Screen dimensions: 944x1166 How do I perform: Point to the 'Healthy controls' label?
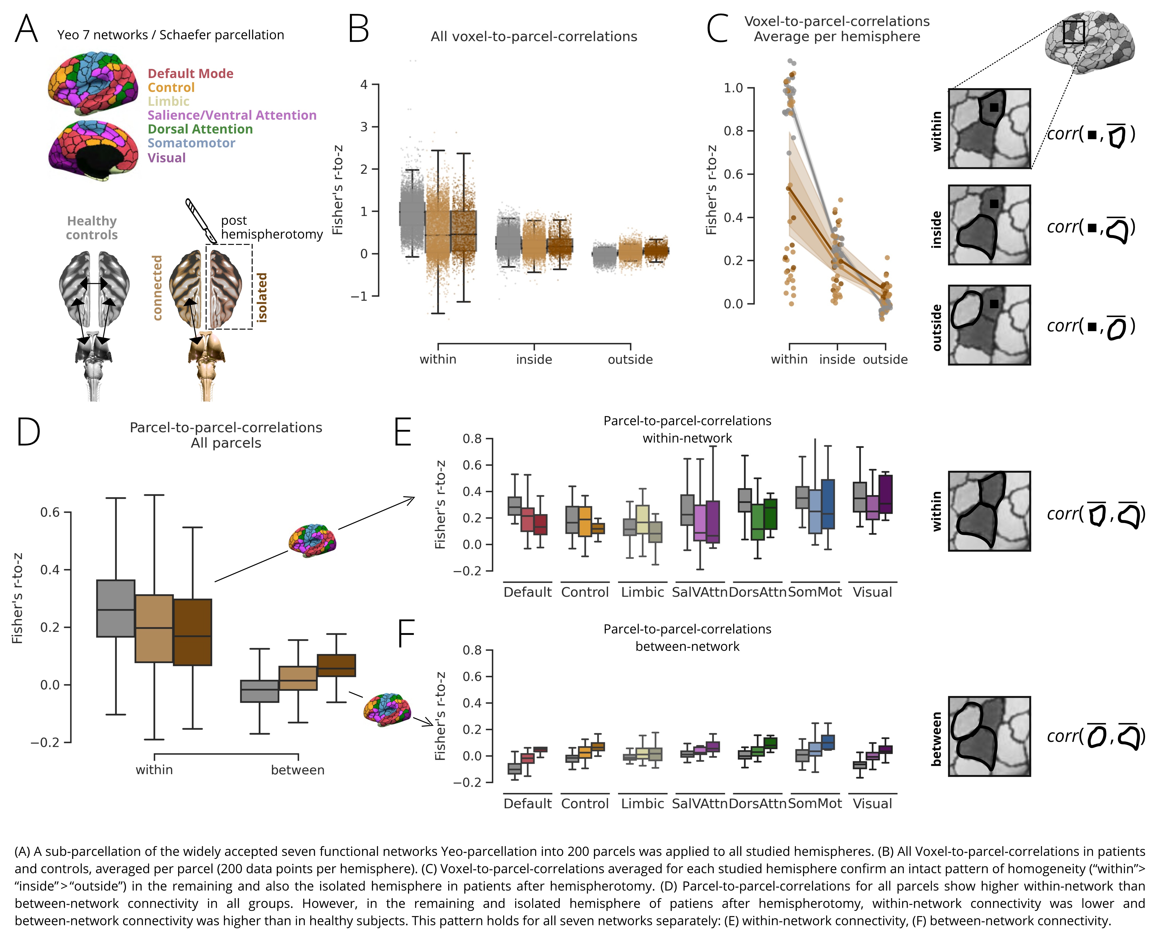[92, 228]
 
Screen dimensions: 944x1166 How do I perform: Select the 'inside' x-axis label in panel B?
[534, 359]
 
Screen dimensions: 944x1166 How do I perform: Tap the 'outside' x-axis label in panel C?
[885, 359]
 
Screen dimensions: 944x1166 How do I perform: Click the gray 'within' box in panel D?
[116, 608]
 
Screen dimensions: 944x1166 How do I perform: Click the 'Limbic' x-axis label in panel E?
[643, 592]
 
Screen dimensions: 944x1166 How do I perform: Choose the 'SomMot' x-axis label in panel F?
[815, 804]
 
